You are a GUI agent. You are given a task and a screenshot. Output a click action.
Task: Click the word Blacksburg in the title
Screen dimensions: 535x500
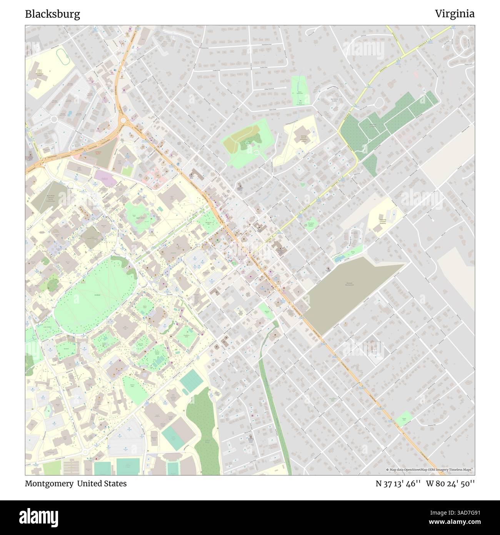point(53,14)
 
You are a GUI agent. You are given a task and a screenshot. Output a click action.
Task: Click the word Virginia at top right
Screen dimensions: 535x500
point(455,14)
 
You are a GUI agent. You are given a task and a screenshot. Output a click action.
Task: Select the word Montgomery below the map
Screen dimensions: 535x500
point(49,483)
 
